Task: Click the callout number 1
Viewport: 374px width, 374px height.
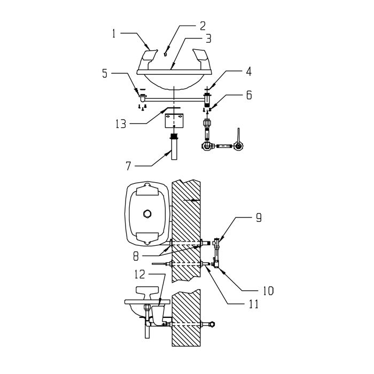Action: coord(114,34)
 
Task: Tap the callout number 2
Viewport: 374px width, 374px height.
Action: coord(202,26)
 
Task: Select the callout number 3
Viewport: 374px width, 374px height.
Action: coord(208,38)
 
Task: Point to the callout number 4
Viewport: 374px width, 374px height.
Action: coord(249,72)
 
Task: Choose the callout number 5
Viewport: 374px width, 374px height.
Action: coord(105,74)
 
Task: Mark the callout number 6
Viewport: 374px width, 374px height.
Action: coord(249,95)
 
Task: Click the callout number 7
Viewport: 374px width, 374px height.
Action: coord(129,166)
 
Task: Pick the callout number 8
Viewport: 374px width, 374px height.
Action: coord(136,256)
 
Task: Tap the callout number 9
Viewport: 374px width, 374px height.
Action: coord(259,218)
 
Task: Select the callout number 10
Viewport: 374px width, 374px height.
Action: coord(268,291)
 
